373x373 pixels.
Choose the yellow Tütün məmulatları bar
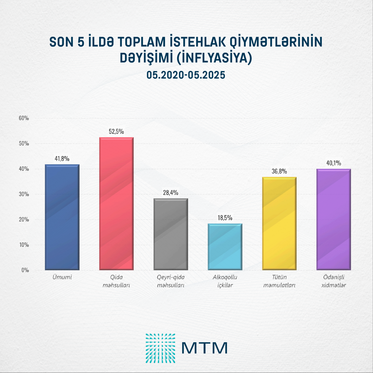279,223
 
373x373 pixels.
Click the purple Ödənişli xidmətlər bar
334,219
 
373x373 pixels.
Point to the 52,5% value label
116,131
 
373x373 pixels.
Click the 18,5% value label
225,218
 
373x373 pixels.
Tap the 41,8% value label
62,159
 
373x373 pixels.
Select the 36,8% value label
279,171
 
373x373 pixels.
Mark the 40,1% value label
334,163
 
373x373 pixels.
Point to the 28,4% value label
171,193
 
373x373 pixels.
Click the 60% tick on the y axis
24,118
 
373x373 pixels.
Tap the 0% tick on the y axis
25,270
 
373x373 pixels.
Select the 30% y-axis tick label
24,194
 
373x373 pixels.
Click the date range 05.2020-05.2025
186,75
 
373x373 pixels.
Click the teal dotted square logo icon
160,348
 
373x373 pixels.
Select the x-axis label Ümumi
62,277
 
